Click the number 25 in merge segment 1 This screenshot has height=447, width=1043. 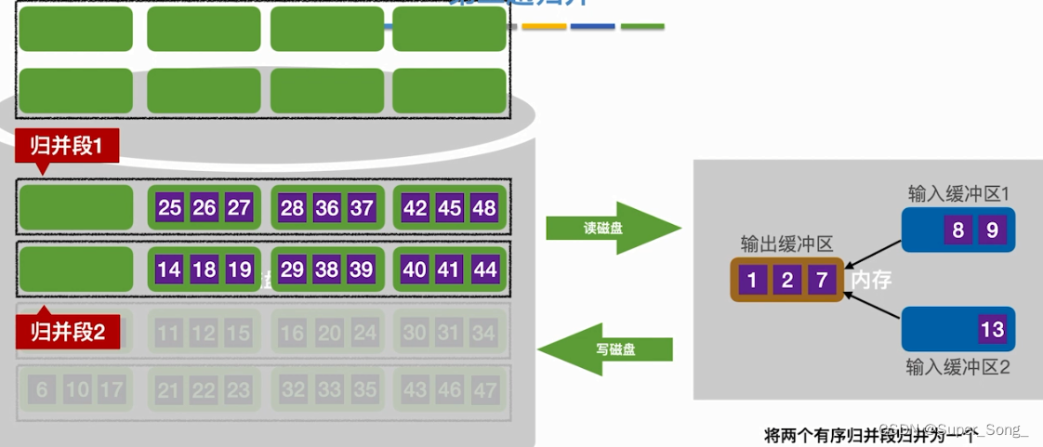tap(169, 207)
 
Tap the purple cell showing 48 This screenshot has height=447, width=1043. tap(483, 207)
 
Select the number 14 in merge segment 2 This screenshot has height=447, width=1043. tap(169, 270)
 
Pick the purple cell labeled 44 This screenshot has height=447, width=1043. tap(483, 270)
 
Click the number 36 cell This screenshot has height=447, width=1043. tap(326, 207)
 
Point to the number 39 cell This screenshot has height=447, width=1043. tap(362, 270)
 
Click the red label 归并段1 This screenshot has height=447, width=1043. tap(66, 145)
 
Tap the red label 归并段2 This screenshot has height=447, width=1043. tap(67, 330)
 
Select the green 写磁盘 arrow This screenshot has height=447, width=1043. tap(609, 349)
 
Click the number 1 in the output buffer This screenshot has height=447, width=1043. tap(753, 280)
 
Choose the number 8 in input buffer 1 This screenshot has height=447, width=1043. tap(957, 230)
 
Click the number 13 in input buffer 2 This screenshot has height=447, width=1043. tap(992, 329)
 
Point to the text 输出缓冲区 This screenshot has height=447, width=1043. tap(786, 243)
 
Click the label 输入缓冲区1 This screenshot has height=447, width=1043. tap(958, 193)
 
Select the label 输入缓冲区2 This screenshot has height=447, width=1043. tap(957, 366)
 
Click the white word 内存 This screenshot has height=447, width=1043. tap(871, 279)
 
